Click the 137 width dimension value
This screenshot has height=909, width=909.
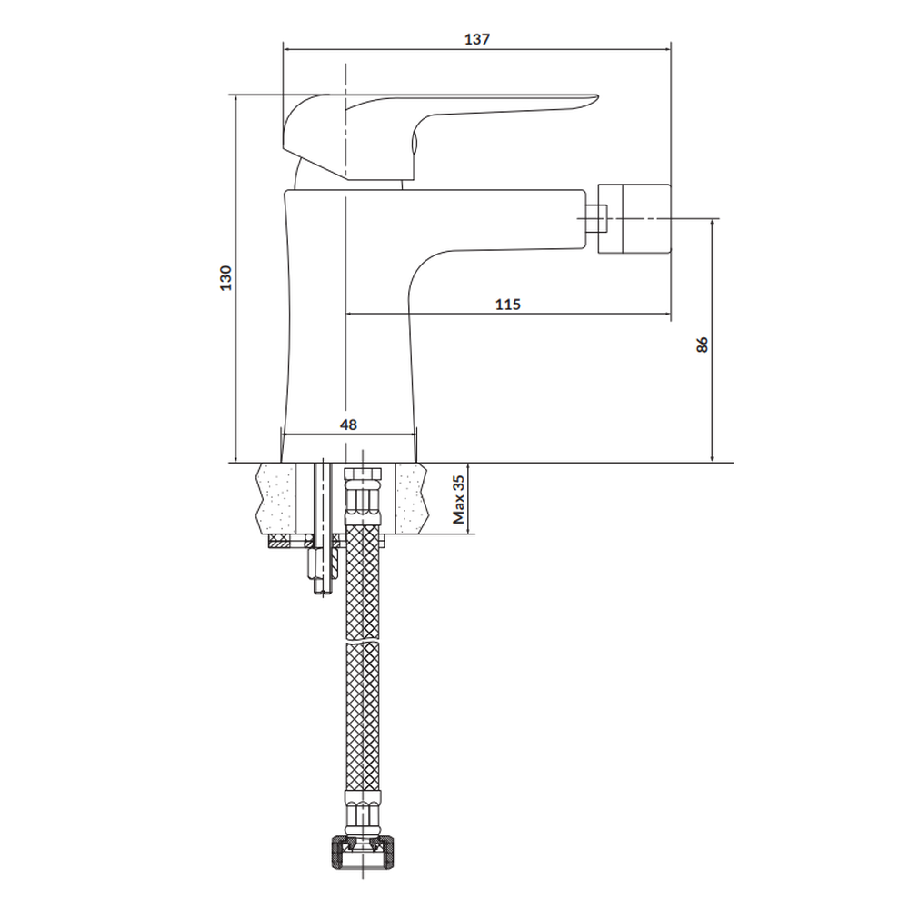477,39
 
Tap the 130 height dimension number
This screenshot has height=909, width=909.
225,277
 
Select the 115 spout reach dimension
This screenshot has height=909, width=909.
508,304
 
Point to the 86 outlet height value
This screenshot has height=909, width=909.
702,345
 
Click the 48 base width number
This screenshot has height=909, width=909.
348,425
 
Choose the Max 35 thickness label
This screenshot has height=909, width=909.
458,499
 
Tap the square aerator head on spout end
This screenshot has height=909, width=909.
634,218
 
